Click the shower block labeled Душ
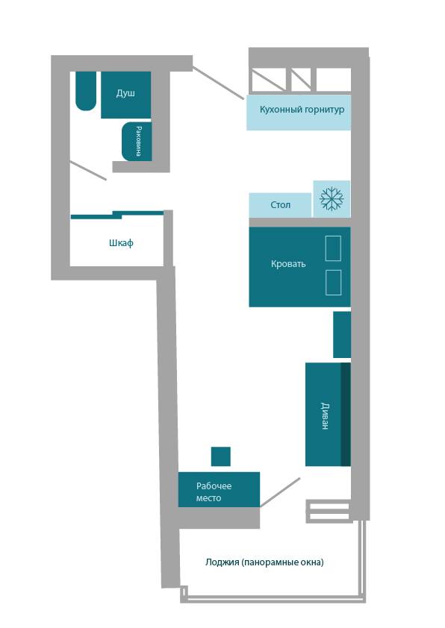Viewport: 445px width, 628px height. pos(125,95)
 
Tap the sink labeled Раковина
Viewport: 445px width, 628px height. pos(137,142)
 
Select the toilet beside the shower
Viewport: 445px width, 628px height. pos(86,91)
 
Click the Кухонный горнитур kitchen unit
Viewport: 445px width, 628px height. pos(299,113)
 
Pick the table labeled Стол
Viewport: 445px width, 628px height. pos(280,205)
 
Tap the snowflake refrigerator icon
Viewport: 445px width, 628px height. pos(332,198)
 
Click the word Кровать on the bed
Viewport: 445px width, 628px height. pos(288,264)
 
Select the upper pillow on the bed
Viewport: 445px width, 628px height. pos(333,248)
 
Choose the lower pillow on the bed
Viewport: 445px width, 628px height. pos(333,283)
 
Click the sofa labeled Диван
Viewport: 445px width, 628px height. pos(328,415)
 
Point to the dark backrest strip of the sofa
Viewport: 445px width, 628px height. pos(346,415)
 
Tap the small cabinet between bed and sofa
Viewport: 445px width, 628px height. pos(342,335)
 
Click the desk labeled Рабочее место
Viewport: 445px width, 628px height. pos(219,489)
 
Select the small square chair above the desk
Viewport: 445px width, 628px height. pos(220,456)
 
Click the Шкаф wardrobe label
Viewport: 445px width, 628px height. pos(121,243)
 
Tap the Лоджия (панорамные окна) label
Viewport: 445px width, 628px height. pos(264,562)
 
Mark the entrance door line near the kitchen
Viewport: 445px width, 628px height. pos(218,83)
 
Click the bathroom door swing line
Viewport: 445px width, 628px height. pos(88,171)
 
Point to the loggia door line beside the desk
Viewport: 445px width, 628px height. pos(280,492)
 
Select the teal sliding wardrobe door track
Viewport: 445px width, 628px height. pos(117,215)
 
